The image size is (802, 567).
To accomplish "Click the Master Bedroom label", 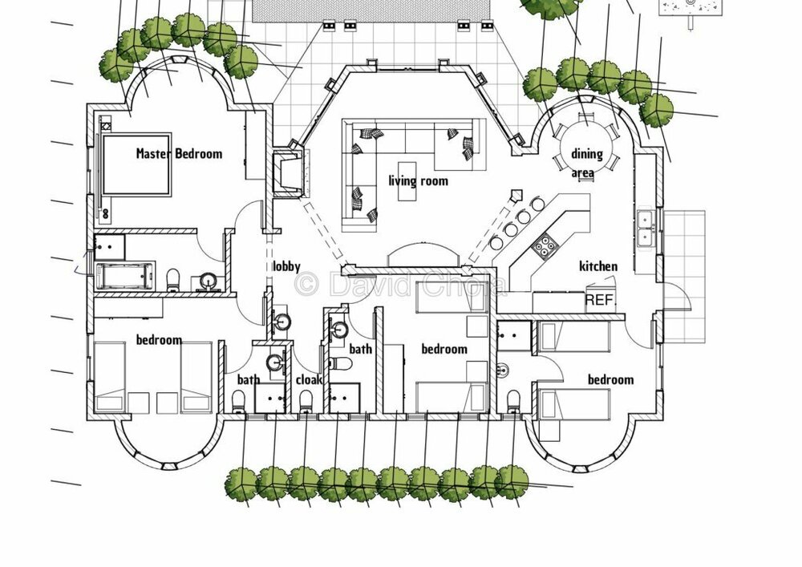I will tap(178, 153).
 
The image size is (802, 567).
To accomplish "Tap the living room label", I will tap(418, 180).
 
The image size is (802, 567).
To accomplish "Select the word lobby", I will tap(286, 266).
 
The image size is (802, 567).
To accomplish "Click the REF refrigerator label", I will tap(597, 300).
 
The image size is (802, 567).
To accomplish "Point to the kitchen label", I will tap(598, 266).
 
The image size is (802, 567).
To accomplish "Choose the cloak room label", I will tap(309, 379).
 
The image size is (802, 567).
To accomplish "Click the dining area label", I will tap(587, 162).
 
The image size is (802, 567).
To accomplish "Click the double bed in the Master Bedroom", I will tap(136, 164).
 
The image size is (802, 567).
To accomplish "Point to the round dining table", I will tap(586, 142).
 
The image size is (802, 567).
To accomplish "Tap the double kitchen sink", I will tap(646, 227).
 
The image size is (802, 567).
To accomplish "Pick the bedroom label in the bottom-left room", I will tap(158, 340).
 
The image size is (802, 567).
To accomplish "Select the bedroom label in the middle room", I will tap(444, 349).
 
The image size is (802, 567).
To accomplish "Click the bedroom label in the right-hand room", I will tap(610, 379).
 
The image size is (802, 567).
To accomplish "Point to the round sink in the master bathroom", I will tap(208, 280).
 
